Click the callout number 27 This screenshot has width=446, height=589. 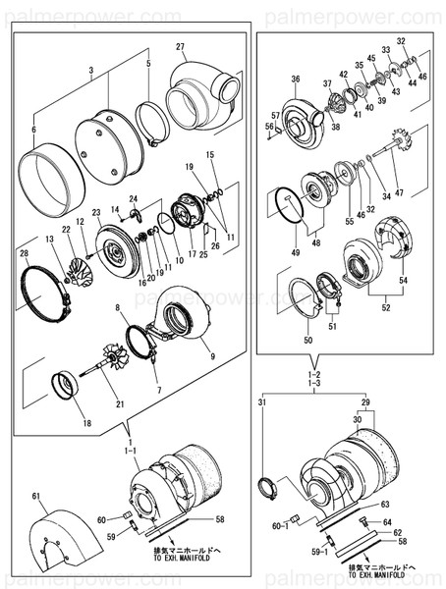181,47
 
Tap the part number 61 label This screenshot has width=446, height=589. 35,499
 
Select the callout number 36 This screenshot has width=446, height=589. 295,79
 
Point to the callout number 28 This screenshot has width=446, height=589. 24,255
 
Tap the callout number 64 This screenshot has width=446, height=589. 388,522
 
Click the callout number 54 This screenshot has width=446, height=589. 401,279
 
